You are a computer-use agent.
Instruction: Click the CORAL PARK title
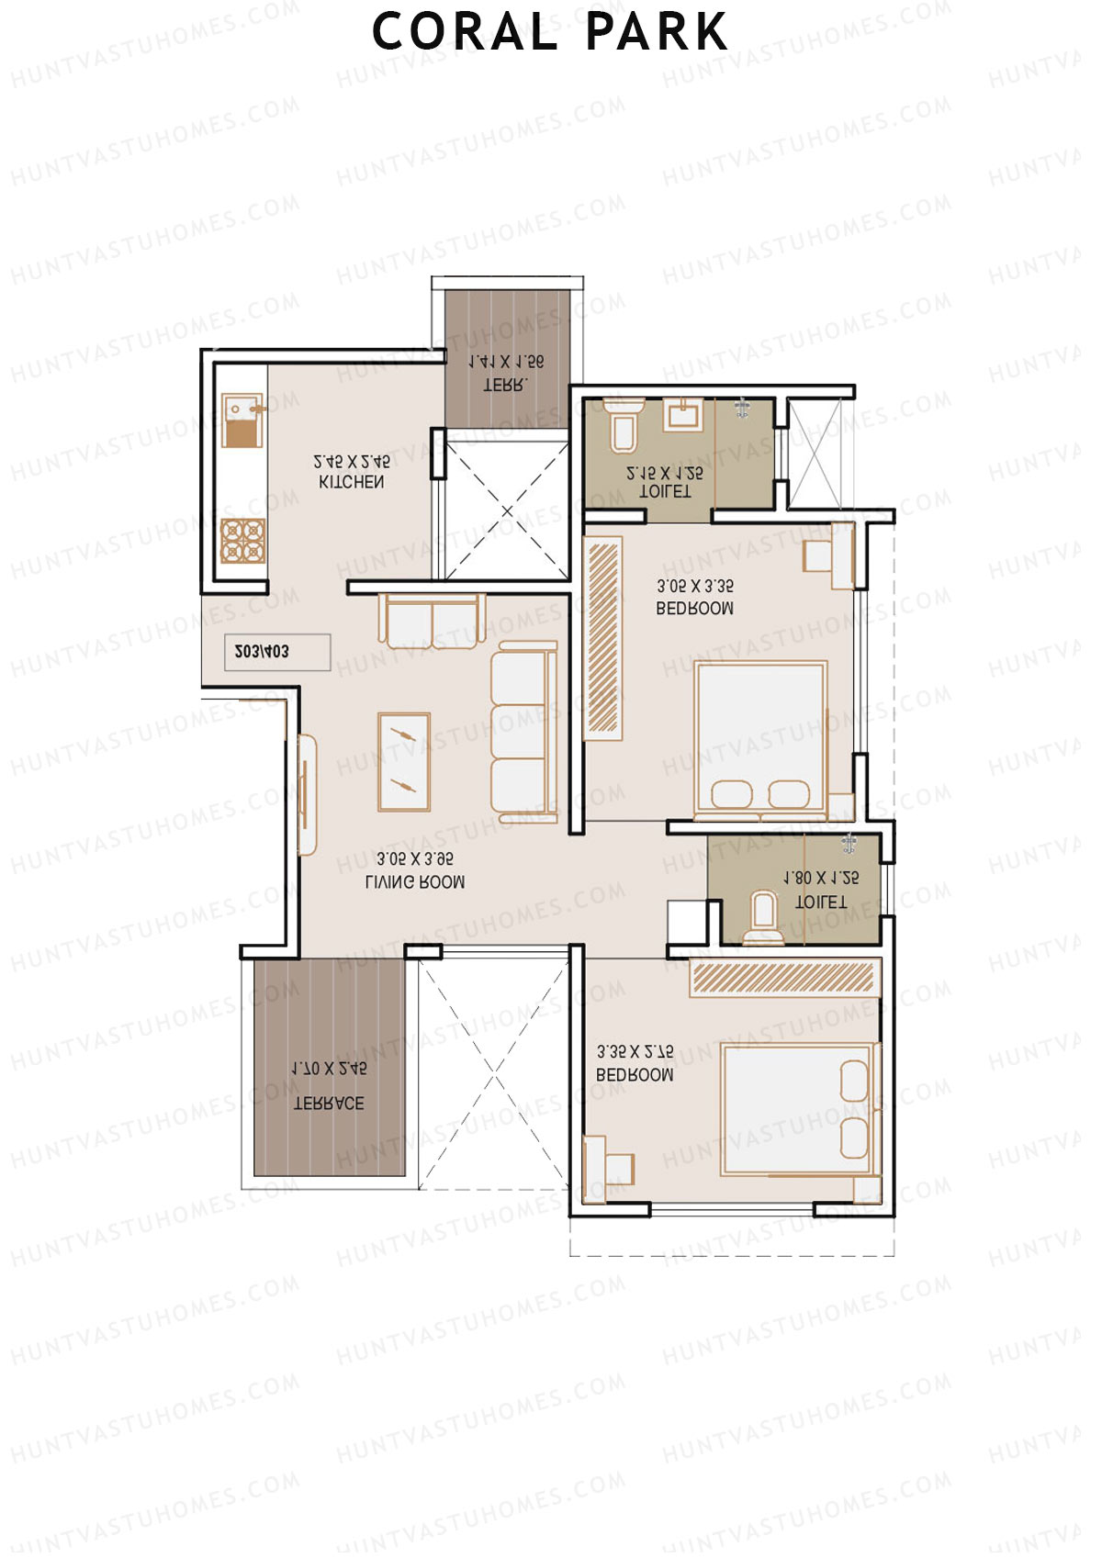pos(549,32)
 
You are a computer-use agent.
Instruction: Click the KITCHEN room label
pos(352,482)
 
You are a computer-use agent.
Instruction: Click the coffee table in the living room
pos(404,762)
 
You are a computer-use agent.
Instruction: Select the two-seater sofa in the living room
pos(432,622)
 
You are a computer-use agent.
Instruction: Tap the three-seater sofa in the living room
pos(523,732)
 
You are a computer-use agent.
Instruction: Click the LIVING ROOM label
pos(415,882)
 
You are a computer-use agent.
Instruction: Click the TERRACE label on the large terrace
pos(328,1104)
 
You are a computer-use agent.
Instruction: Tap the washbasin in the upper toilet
pos(683,414)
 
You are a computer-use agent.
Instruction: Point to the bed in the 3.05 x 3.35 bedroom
pos(761,739)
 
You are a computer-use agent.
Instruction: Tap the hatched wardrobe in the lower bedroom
pos(783,977)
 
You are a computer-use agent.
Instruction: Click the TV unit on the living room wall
pos(308,795)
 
